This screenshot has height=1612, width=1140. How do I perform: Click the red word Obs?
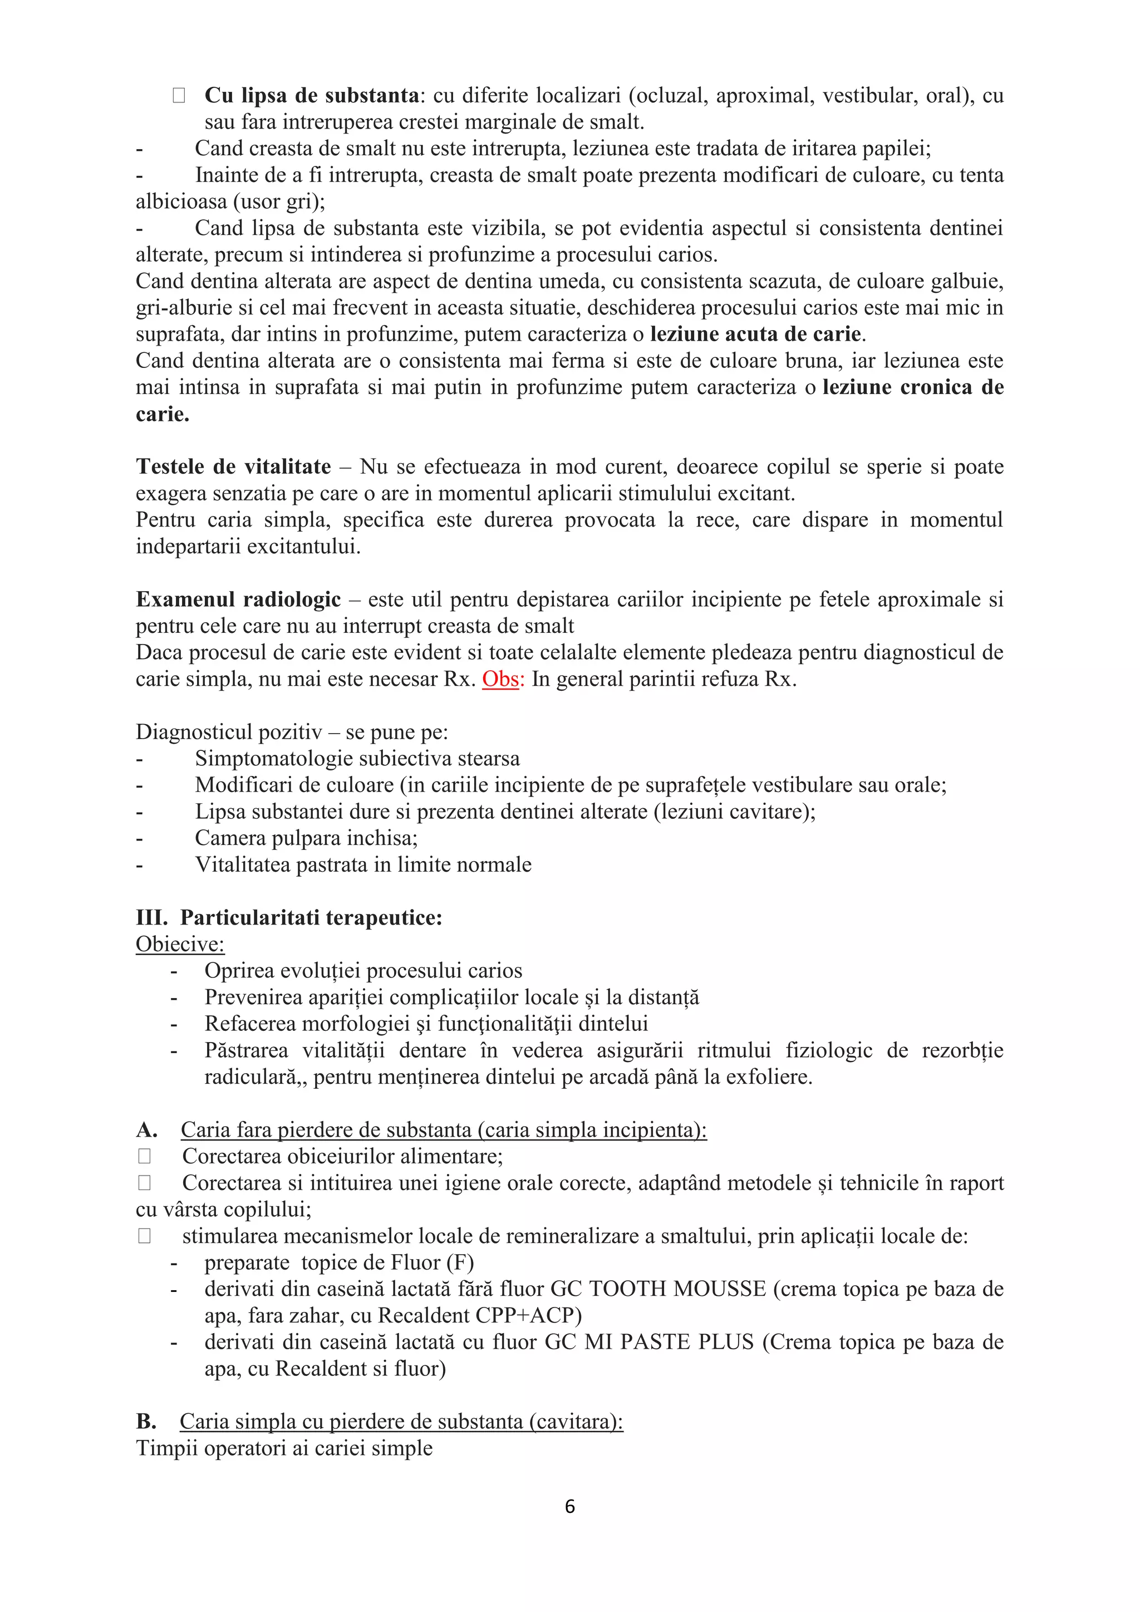[x=503, y=680]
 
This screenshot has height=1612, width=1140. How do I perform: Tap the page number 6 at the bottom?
[x=569, y=1506]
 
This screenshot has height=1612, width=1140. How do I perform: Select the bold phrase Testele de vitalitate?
[x=233, y=467]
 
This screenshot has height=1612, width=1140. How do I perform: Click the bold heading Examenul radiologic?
[x=238, y=599]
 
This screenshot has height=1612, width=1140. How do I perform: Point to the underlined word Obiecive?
[x=180, y=944]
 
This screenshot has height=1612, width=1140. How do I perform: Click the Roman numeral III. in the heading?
[x=151, y=918]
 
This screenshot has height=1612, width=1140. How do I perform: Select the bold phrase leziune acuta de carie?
[x=755, y=334]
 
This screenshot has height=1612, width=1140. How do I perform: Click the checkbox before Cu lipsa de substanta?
[x=178, y=96]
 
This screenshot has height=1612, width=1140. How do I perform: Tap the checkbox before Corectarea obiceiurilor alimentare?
[x=145, y=1156]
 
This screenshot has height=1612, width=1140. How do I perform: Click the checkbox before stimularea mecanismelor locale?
[x=145, y=1236]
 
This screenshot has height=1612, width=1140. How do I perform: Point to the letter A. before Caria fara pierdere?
[x=146, y=1129]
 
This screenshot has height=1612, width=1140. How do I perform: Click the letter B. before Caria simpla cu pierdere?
[x=146, y=1421]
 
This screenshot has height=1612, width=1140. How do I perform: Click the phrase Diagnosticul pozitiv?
[x=229, y=733]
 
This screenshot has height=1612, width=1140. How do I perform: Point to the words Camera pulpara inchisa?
[x=306, y=838]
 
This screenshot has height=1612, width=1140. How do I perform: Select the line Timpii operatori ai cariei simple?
[x=283, y=1448]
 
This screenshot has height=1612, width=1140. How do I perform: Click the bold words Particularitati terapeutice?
[x=311, y=918]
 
